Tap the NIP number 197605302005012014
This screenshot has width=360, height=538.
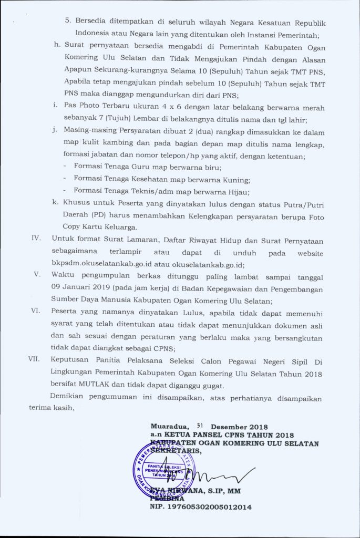[201, 507]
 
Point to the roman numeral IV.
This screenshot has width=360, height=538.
[36, 239]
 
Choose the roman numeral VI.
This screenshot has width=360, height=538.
[36, 311]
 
